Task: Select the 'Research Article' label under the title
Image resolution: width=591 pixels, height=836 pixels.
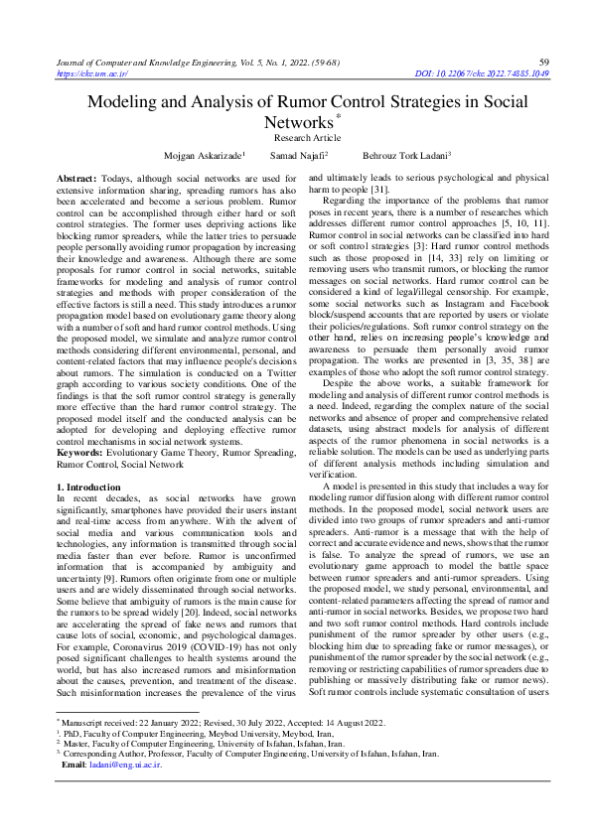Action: pos(307,138)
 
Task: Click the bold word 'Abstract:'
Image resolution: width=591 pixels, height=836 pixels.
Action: pos(77,176)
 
